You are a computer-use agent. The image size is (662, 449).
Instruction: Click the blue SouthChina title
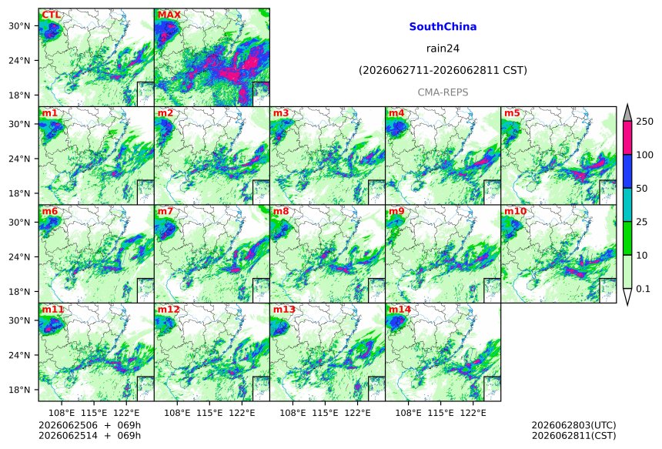point(443,27)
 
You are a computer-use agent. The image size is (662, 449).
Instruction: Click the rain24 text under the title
point(443,49)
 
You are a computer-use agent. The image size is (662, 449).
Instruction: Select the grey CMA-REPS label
point(443,92)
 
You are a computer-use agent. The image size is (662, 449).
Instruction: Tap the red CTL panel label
point(51,15)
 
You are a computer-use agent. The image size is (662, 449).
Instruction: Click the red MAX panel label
point(169,15)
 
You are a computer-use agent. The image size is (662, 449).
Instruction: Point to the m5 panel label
point(512,113)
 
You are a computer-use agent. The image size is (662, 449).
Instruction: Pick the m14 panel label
point(400,310)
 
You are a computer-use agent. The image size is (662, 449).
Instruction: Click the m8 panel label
point(281,211)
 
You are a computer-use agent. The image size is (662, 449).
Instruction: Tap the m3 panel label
point(281,113)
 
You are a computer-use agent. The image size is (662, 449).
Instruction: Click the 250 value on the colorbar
point(644,122)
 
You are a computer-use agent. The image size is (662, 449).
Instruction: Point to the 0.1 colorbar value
point(643,289)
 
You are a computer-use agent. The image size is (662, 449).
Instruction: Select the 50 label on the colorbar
point(642,189)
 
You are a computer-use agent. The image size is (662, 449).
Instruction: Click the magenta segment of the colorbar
point(627,138)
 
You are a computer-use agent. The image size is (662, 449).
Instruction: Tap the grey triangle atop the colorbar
point(627,114)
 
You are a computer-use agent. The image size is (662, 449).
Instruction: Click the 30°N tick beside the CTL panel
point(19,26)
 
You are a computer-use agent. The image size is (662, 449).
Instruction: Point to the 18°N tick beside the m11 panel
point(19,390)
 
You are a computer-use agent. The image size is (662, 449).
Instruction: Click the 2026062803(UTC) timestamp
point(573,425)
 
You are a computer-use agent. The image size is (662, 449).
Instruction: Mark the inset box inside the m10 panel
point(608,290)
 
